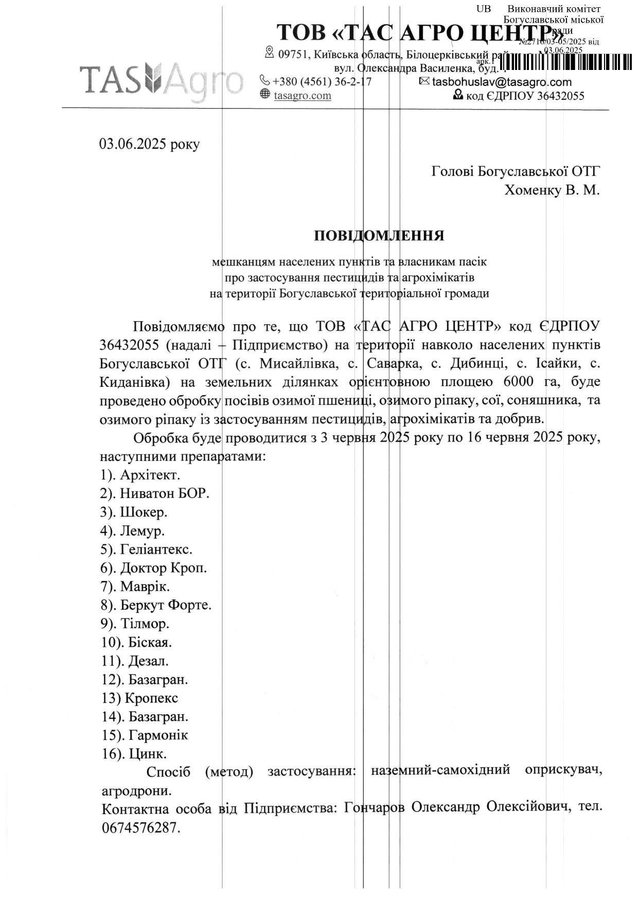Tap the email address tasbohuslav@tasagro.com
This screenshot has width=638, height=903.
(502, 82)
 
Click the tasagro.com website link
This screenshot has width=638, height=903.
(303, 96)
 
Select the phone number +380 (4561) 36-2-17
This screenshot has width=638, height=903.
(322, 82)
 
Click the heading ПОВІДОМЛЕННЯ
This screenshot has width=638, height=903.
(379, 236)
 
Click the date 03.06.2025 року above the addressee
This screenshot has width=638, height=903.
(149, 144)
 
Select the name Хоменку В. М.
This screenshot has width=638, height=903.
(552, 190)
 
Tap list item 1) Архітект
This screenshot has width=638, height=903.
(140, 474)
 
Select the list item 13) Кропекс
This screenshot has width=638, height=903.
(140, 698)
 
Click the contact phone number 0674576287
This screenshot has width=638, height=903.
(141, 828)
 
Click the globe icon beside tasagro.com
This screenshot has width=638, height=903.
(265, 94)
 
